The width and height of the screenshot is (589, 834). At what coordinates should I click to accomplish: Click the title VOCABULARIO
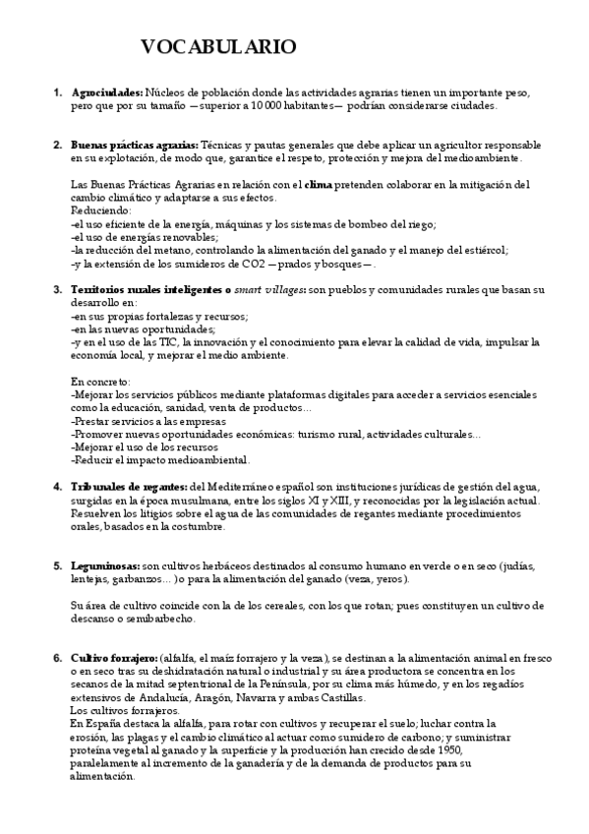tap(217, 48)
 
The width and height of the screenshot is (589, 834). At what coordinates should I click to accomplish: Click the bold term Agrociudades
tap(106, 92)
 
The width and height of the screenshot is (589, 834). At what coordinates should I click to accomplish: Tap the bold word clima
tap(319, 184)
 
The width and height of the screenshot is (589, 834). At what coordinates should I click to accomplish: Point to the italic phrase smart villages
tap(268, 290)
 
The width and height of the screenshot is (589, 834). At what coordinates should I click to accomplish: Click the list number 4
tap(57, 487)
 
